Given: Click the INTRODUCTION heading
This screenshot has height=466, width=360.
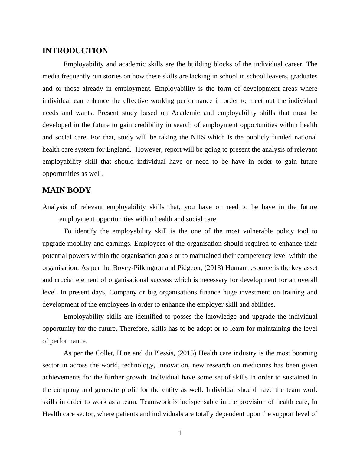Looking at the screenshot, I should pyautogui.click(x=75, y=51).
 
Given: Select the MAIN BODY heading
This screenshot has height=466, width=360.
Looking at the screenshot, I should pyautogui.click(x=67, y=190).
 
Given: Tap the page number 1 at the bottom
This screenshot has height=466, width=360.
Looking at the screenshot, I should pyautogui.click(x=180, y=433).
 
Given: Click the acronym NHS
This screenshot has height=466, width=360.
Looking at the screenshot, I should pyautogui.click(x=198, y=137).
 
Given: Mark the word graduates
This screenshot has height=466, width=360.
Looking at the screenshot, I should pyautogui.click(x=304, y=76).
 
